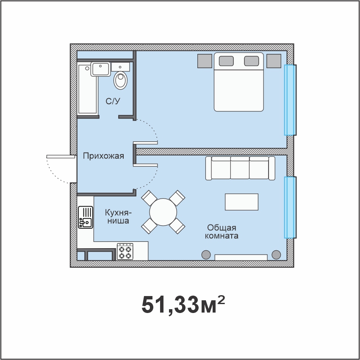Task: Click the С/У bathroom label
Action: point(113,101)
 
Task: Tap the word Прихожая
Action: point(103,156)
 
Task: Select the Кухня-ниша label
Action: point(118,216)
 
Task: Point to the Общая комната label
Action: point(222,232)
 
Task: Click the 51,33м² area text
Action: point(183,304)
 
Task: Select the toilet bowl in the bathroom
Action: point(120,80)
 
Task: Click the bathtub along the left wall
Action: point(88,89)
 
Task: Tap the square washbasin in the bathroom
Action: point(100,69)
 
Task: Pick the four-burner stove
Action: point(125,252)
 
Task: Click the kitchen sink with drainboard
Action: point(86,217)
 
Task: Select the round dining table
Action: point(163,212)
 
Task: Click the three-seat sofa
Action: point(240,168)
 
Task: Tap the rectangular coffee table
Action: point(241,202)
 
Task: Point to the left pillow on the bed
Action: point(226,61)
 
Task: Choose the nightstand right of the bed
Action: point(274,61)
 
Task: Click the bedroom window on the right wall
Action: point(290,100)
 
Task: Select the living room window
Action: point(290,208)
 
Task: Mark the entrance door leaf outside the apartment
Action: point(61,157)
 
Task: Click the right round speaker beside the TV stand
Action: point(276,255)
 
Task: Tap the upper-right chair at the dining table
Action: point(177,198)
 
